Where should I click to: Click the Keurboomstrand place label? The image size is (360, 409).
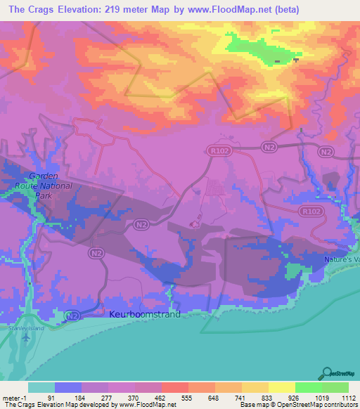coord(144,314)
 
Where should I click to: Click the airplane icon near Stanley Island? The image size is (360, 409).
coord(27,337)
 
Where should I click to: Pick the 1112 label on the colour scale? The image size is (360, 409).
coord(347,397)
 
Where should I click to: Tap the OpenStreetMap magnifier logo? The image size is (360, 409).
coord(326,373)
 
